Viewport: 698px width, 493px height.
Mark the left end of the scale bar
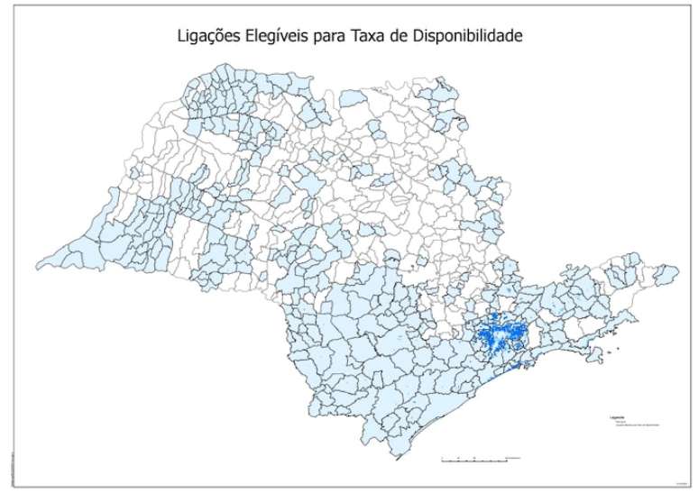click(x=441, y=460)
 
